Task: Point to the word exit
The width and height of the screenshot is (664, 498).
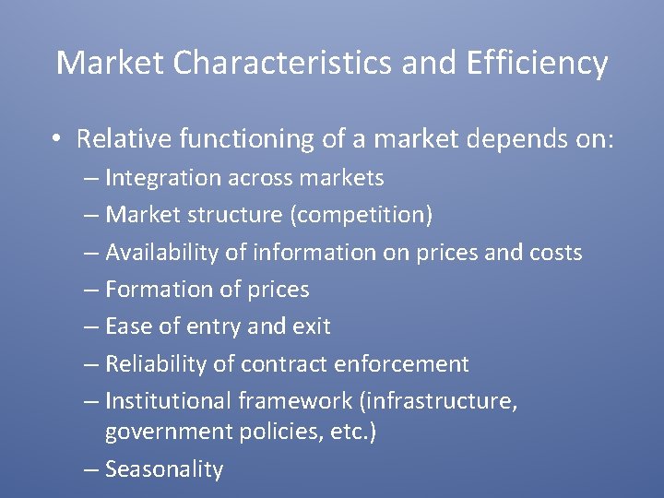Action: coord(313,326)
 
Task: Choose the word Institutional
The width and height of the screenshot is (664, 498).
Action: coord(169,401)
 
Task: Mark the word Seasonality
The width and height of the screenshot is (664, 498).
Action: coord(164,469)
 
